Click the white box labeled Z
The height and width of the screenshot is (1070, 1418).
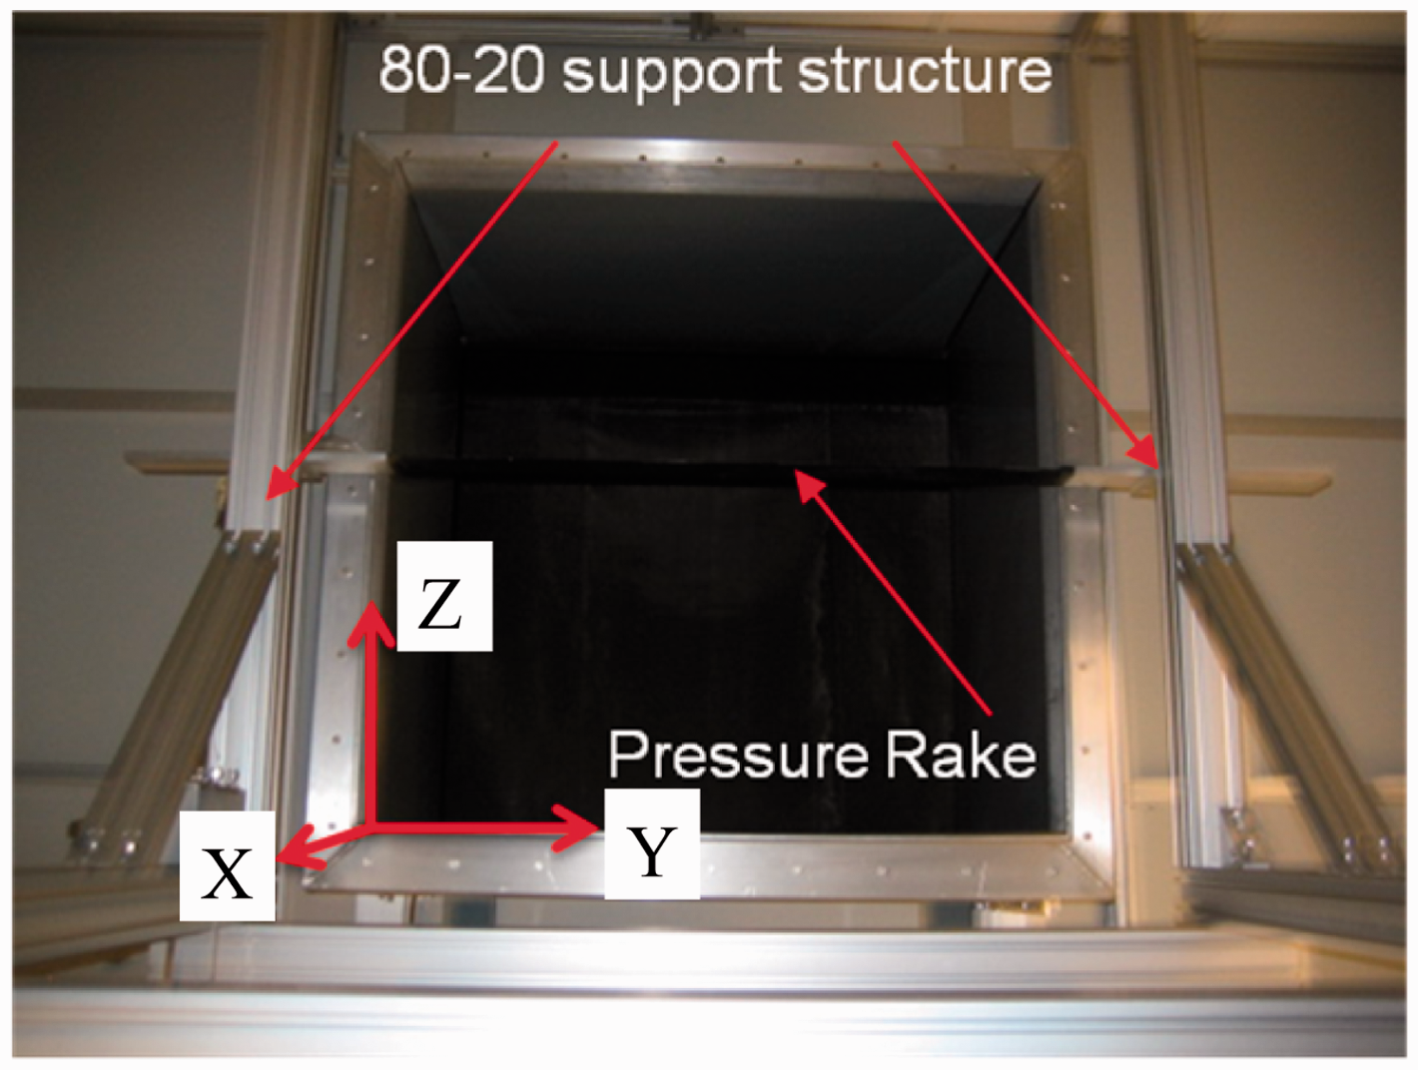pyautogui.click(x=444, y=596)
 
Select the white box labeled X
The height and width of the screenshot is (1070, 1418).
pyautogui.click(x=228, y=865)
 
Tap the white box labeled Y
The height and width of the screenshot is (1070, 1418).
pyautogui.click(x=652, y=843)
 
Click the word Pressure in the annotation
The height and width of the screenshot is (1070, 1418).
pyautogui.click(x=737, y=757)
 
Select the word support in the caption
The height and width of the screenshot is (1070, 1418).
pyautogui.click(x=671, y=75)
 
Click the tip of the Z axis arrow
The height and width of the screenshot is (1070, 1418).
pyautogui.click(x=371, y=603)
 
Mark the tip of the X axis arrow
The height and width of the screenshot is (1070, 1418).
pyautogui.click(x=278, y=859)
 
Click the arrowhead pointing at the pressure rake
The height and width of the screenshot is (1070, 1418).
pyautogui.click(x=795, y=471)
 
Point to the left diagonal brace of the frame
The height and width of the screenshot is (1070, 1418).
pyautogui.click(x=175, y=691)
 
